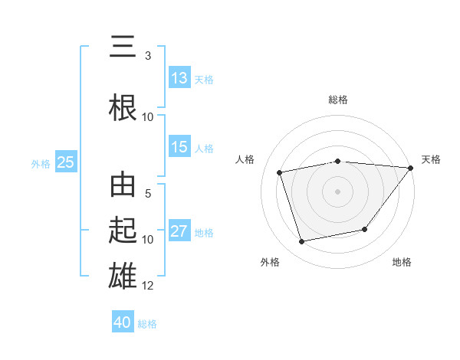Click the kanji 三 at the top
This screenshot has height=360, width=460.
pyautogui.click(x=123, y=48)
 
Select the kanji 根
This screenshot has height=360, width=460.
pyautogui.click(x=123, y=106)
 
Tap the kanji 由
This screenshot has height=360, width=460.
pyautogui.click(x=123, y=185)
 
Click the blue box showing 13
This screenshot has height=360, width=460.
pyautogui.click(x=179, y=78)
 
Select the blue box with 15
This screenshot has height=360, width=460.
pyautogui.click(x=179, y=148)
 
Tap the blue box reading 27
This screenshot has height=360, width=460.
pyautogui.click(x=179, y=232)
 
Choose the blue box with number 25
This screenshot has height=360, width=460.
pyautogui.click(x=65, y=162)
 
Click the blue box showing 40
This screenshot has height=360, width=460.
pyautogui.click(x=123, y=322)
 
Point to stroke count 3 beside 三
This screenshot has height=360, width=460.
pyautogui.click(x=148, y=56)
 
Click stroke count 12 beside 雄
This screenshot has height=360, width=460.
pyautogui.click(x=148, y=286)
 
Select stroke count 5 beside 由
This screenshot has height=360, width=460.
pyautogui.click(x=148, y=195)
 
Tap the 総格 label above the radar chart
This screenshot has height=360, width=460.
pyautogui.click(x=338, y=100)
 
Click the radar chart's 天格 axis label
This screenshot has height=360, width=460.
pyautogui.click(x=431, y=159)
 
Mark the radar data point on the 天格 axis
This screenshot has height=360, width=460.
pyautogui.click(x=410, y=168)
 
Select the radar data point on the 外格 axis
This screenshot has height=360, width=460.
pyautogui.click(x=302, y=242)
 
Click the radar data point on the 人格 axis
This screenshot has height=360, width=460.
pyautogui.click(x=280, y=172)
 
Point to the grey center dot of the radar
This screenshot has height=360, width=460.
pyautogui.click(x=338, y=191)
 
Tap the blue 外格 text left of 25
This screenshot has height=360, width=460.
pyautogui.click(x=41, y=163)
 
